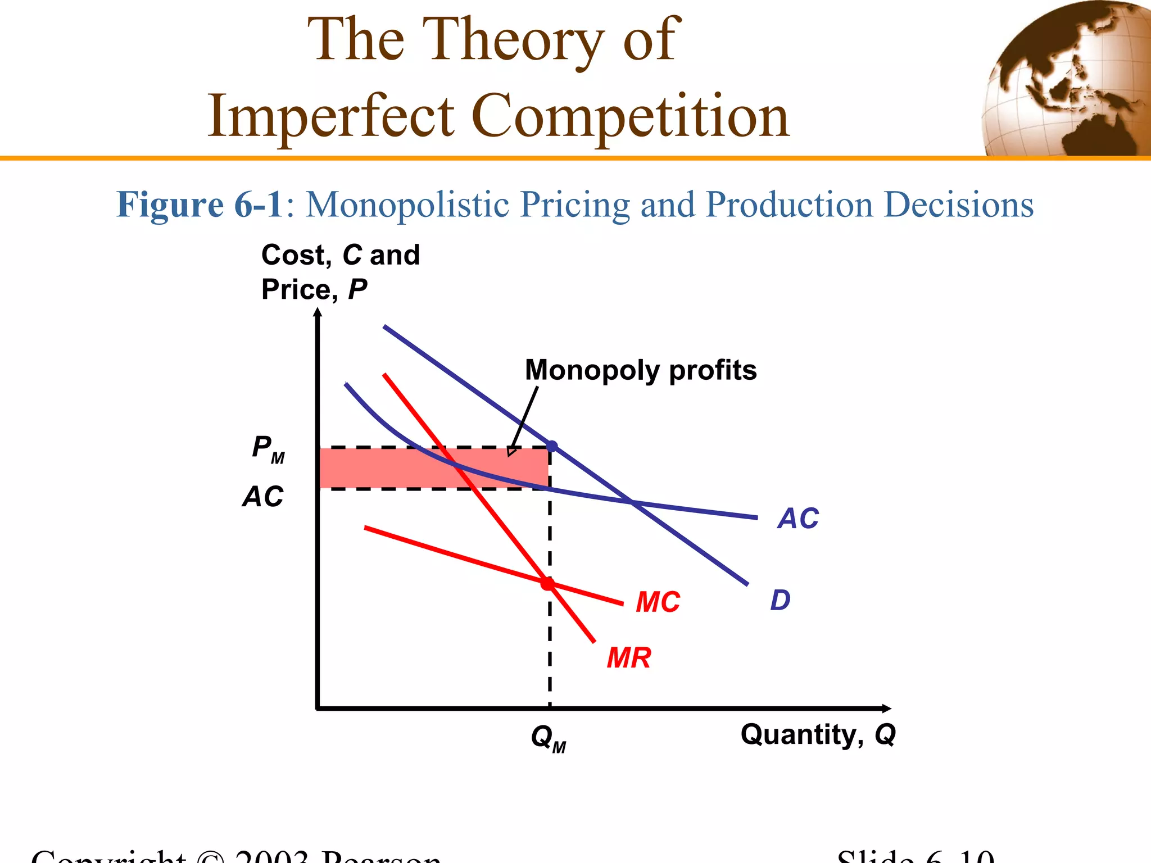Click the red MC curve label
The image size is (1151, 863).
pyautogui.click(x=658, y=602)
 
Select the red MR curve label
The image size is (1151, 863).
pyautogui.click(x=629, y=657)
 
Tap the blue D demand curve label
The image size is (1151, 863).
pyautogui.click(x=780, y=600)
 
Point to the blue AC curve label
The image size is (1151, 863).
pyautogui.click(x=798, y=518)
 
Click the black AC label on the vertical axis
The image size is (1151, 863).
pyautogui.click(x=263, y=497)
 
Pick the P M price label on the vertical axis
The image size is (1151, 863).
pyautogui.click(x=268, y=449)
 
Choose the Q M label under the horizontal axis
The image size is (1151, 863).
pyautogui.click(x=548, y=738)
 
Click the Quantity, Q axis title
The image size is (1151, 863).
pyautogui.click(x=818, y=734)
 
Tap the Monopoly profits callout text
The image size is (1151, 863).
pyautogui.click(x=641, y=370)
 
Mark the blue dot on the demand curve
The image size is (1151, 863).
pyautogui.click(x=552, y=446)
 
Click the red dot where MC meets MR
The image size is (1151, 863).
pyautogui.click(x=547, y=584)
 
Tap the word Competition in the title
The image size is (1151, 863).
pyautogui.click(x=629, y=116)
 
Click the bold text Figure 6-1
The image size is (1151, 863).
pyautogui.click(x=200, y=204)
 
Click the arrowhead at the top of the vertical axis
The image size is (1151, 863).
pyautogui.click(x=318, y=312)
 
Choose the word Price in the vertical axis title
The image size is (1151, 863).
pyautogui.click(x=296, y=290)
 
